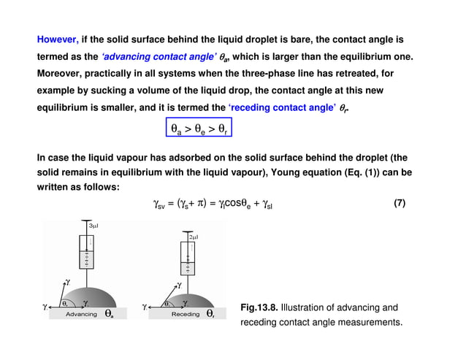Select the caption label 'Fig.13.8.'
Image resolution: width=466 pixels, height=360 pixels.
click(x=259, y=307)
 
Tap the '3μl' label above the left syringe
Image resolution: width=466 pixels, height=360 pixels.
click(x=93, y=227)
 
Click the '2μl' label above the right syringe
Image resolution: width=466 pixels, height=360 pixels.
click(x=194, y=238)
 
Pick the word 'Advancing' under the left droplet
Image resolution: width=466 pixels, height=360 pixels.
click(x=82, y=314)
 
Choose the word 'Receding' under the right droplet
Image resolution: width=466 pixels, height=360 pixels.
click(x=186, y=314)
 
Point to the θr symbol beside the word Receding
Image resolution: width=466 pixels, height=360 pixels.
click(x=210, y=314)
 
